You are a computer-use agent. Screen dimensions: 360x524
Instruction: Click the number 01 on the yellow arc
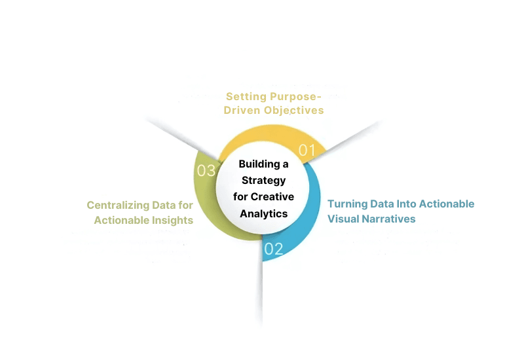pos(307,150)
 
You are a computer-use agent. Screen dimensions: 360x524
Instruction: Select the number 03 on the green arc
pos(206,171)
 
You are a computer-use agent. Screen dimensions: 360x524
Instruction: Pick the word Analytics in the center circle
pos(263,213)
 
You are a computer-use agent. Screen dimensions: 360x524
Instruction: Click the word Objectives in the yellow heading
pos(294,110)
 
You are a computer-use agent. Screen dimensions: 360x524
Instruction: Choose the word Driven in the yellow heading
pos(242,110)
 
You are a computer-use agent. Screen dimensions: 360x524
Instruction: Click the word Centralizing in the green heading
pos(117,205)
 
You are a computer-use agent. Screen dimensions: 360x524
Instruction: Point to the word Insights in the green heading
pos(172,220)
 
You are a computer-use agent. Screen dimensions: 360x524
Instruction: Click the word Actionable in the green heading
pos(121,220)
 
